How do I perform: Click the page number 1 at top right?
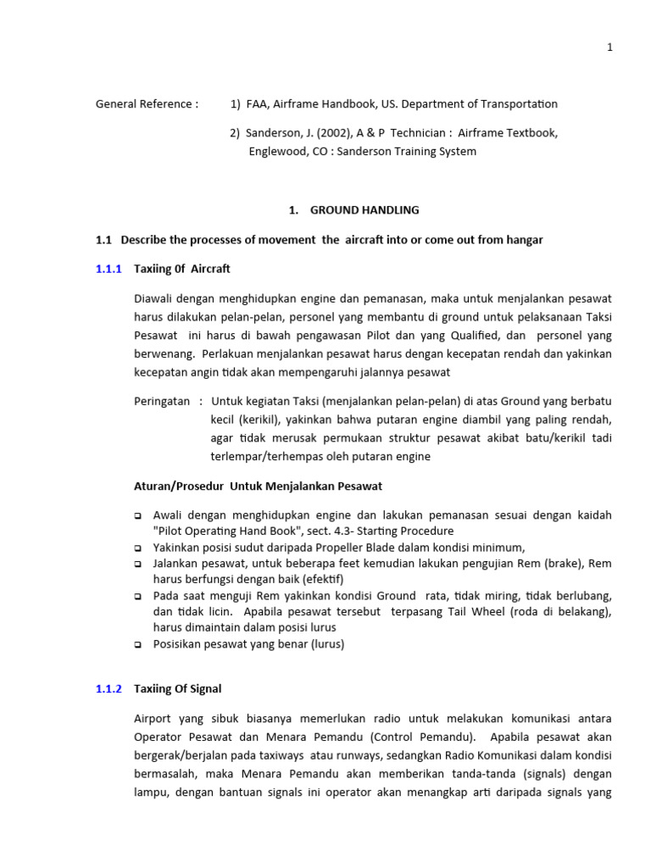609,47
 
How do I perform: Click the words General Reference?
147,104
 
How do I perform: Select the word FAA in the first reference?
257,104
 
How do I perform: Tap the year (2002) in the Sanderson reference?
320,133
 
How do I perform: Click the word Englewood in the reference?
277,152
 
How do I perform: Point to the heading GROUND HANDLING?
364,210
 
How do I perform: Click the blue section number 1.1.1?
109,269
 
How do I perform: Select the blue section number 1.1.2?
109,689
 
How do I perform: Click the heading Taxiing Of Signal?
177,689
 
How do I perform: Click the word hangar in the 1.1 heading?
525,240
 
